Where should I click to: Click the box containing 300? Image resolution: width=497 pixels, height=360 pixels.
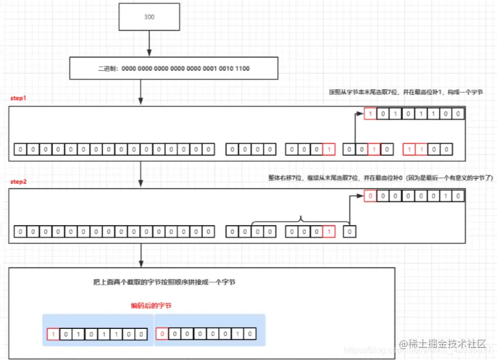point(149,17)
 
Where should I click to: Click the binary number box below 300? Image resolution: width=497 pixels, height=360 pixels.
point(173,69)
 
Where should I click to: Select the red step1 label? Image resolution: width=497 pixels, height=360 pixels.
point(19,99)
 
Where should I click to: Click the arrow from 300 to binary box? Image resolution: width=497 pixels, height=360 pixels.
point(149,44)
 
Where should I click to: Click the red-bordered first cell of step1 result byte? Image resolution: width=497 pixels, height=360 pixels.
point(369,115)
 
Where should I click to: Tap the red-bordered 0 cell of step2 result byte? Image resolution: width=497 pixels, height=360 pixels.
point(369,196)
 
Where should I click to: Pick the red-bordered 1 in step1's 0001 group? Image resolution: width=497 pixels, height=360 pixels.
point(329,149)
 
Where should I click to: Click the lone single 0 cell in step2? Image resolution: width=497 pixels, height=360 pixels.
point(350,232)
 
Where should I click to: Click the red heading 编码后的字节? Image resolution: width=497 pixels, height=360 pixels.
point(150,306)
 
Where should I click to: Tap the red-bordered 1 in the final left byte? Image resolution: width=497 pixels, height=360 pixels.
point(53,334)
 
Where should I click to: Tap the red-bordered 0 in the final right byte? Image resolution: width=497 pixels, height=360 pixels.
point(162,334)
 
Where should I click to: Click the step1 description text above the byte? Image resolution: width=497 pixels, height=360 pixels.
point(406,93)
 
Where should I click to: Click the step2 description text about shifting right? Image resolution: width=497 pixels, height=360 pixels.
point(380,178)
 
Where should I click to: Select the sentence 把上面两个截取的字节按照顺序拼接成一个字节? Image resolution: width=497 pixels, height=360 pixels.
point(164,283)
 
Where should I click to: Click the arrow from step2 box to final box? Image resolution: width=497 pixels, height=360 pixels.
point(141,254)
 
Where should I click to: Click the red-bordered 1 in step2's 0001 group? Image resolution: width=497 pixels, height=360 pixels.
point(329,232)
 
